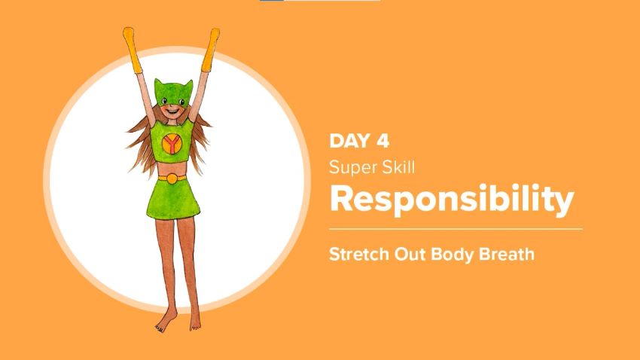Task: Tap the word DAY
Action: point(351,141)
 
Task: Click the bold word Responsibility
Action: point(452,199)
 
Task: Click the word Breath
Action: point(504,254)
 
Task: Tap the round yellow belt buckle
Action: point(172,178)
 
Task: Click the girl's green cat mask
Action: point(172,94)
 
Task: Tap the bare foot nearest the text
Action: point(196,322)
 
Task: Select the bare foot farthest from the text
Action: point(162,324)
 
